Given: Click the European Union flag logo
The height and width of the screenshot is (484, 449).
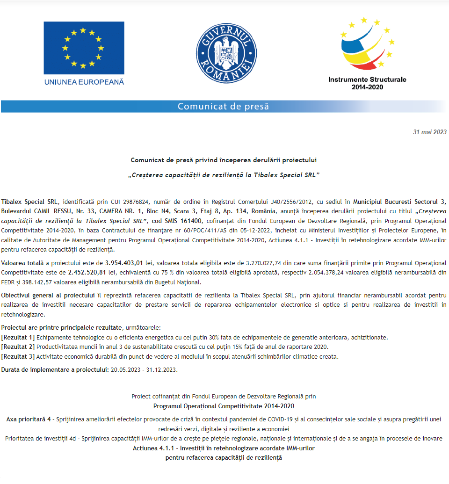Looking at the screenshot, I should point(84,48).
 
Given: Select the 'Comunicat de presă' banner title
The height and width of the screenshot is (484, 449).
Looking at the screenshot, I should point(223,107).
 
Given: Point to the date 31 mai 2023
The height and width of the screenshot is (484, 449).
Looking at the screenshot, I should point(430,132).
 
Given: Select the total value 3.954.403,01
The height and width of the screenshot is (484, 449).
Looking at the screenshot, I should point(124,263).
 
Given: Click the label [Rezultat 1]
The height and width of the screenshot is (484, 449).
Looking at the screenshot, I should point(18,337).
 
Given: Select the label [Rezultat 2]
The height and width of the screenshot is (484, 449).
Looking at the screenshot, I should point(18,347).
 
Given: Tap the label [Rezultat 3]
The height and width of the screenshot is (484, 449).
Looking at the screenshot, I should point(18,356).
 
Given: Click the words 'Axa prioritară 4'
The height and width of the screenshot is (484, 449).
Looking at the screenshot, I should point(29,419).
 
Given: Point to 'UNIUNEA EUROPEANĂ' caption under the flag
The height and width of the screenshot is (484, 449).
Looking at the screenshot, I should point(84,82).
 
